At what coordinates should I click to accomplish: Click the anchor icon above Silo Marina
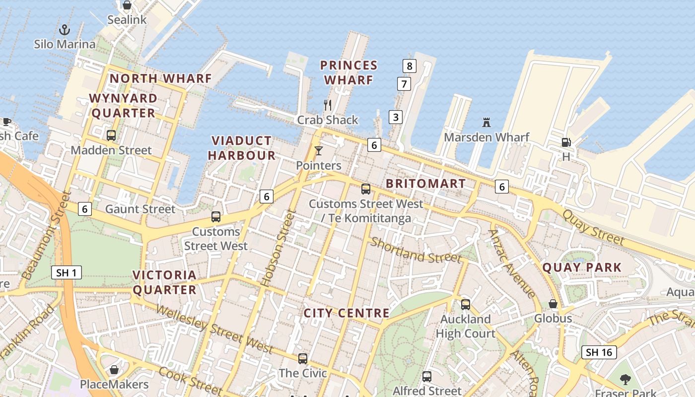[x=65, y=30]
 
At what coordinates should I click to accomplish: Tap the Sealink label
[x=128, y=20]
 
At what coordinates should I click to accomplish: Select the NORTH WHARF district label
[x=160, y=78]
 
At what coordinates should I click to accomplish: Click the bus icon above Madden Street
[x=111, y=135]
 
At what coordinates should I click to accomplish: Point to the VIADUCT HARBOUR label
[x=242, y=148]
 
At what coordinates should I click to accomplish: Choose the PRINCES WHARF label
[x=348, y=72]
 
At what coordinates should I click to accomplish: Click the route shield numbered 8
[x=409, y=66]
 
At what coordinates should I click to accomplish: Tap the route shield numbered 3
[x=396, y=117]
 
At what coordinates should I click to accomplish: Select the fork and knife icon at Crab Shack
[x=328, y=105]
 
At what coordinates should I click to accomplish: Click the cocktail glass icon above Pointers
[x=318, y=150]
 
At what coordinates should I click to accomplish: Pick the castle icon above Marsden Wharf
[x=486, y=122]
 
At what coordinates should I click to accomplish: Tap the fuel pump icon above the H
[x=566, y=142]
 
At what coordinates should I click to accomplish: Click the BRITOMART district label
[x=425, y=184]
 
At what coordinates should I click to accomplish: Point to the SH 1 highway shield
[x=67, y=272]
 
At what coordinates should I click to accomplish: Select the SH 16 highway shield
[x=599, y=352]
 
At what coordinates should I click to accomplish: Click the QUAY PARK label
[x=582, y=268]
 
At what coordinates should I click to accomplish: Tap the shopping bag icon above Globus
[x=553, y=304]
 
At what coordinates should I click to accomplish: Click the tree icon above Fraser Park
[x=625, y=380]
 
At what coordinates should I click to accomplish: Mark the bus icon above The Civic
[x=303, y=358]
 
